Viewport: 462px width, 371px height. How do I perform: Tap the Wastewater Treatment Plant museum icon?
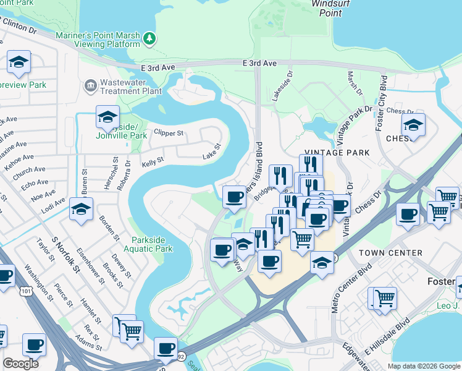[91, 84]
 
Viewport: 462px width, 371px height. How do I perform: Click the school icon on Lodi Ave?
[81, 210]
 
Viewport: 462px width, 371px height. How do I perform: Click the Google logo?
[20, 364]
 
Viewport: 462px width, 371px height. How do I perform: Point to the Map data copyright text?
[423, 365]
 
